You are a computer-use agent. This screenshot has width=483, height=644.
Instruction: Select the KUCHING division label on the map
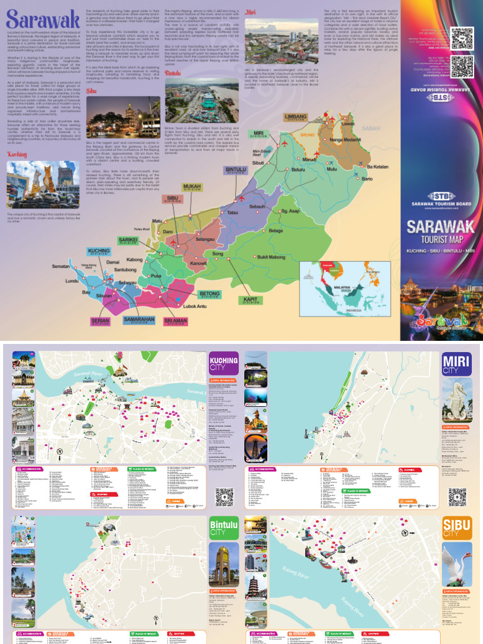tap(99, 252)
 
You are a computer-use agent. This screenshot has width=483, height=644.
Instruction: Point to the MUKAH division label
tap(192, 187)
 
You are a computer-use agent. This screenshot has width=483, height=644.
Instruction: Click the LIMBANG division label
tap(295, 117)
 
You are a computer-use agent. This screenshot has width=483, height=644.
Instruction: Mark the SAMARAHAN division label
tap(139, 320)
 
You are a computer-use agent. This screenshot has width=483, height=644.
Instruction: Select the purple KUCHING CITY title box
tap(223, 364)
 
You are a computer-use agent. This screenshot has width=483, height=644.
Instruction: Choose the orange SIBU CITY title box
tap(457, 526)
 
